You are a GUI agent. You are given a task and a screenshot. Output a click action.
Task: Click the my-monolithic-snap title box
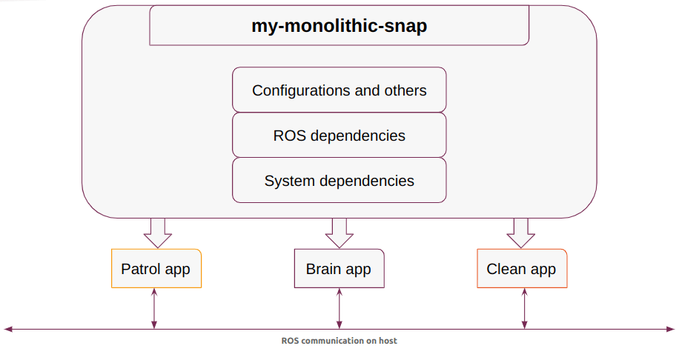point(339,25)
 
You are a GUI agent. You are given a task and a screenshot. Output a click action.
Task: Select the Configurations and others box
point(339,90)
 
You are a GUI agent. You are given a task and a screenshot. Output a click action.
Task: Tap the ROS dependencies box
point(339,135)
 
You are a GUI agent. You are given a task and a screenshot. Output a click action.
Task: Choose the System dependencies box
point(339,181)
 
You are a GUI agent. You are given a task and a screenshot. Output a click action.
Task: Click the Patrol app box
point(156,268)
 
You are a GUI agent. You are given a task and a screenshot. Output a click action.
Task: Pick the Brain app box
point(339,268)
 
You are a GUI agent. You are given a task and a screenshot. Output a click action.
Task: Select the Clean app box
point(522,268)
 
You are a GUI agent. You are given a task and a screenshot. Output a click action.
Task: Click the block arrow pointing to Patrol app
point(158,233)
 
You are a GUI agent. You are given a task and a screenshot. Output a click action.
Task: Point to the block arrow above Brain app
point(339,233)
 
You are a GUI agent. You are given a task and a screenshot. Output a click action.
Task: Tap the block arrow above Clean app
point(521,233)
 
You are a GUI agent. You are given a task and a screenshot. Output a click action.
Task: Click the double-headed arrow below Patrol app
point(153,308)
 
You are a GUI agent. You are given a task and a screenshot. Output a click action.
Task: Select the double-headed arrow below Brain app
point(339,308)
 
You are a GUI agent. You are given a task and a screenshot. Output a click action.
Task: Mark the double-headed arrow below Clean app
point(524,308)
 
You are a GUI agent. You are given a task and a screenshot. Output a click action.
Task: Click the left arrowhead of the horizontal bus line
point(8,330)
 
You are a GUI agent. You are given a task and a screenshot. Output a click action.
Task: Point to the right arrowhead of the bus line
point(671,330)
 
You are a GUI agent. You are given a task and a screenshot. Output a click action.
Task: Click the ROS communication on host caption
point(339,341)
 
